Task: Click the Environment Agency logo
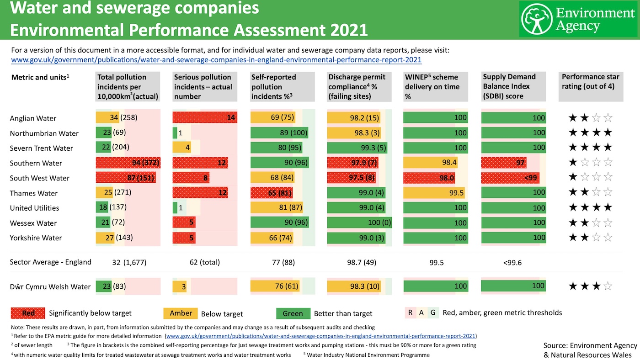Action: click(578, 19)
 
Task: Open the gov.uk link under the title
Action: click(216, 60)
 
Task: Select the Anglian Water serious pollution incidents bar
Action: click(205, 118)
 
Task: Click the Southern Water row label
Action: click(36, 163)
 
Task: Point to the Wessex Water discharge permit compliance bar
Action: click(359, 223)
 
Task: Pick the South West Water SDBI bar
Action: click(510, 178)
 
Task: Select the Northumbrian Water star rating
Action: click(590, 133)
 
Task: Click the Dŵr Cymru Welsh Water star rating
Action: click(590, 286)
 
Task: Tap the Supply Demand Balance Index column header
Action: click(513, 86)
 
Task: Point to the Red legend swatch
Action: click(28, 313)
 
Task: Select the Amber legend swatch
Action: click(181, 313)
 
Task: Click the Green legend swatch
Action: click(293, 313)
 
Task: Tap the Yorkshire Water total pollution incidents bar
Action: click(105, 238)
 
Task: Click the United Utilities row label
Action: click(34, 208)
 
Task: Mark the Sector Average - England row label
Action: click(51, 262)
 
